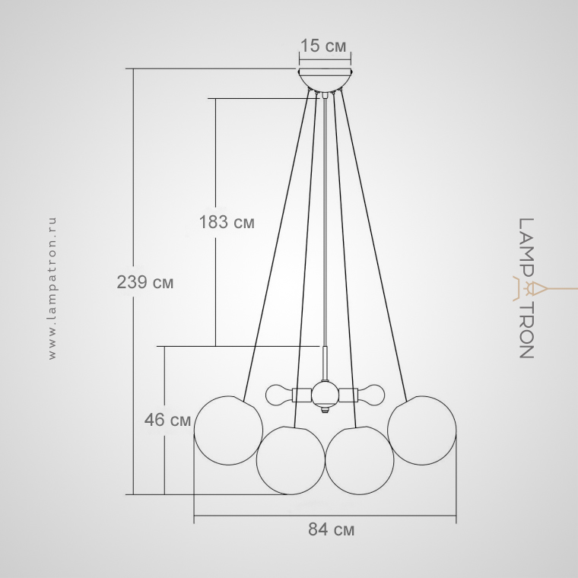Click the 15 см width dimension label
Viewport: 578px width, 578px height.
(324, 46)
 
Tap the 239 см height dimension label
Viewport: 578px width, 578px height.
(144, 282)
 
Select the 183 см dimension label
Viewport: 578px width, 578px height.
(227, 222)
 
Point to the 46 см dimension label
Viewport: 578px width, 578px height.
(168, 420)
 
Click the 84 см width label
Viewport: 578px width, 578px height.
(331, 529)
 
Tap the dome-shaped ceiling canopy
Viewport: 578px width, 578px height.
(325, 79)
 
